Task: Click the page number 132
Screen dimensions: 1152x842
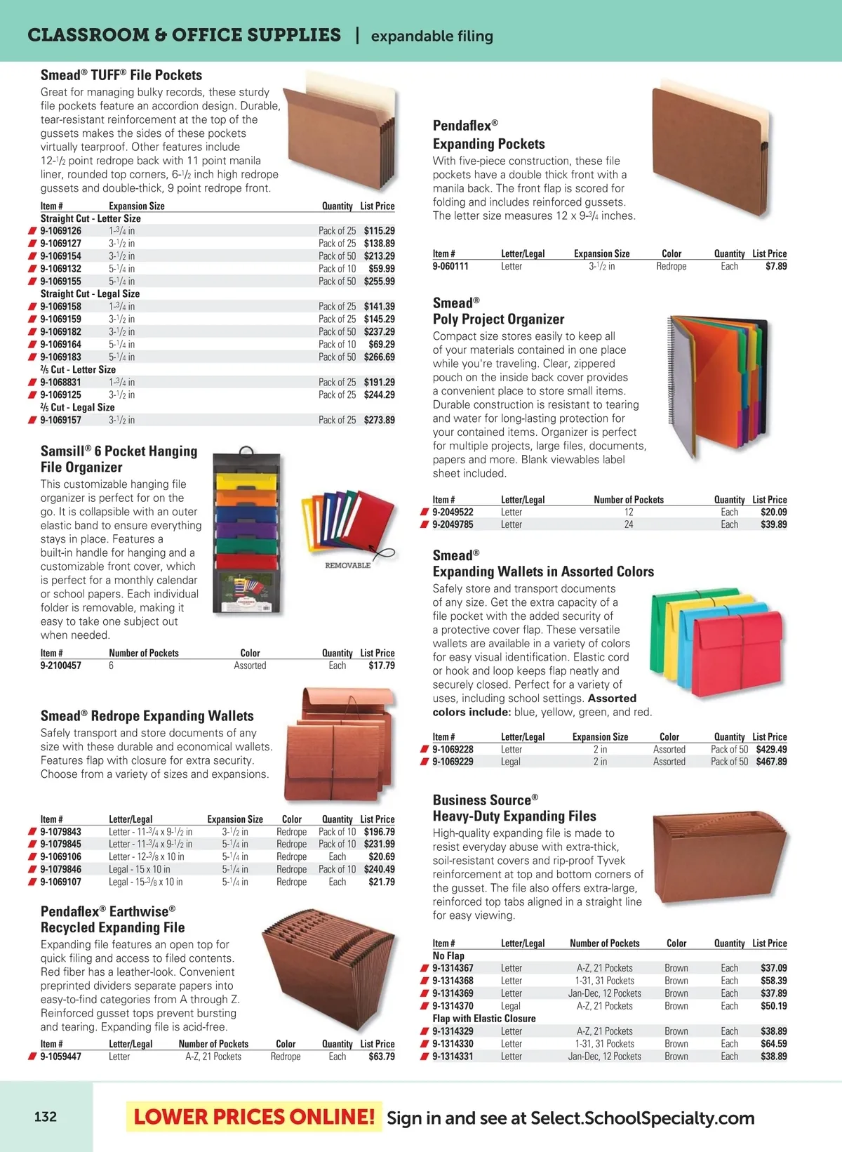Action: click(x=46, y=1116)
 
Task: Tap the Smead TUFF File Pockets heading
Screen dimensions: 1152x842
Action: click(x=121, y=75)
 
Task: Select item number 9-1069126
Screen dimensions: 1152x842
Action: click(x=60, y=231)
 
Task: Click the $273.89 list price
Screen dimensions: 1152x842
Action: click(x=379, y=421)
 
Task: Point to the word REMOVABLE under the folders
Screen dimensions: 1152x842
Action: click(x=347, y=565)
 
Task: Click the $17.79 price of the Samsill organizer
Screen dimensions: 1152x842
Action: click(x=381, y=666)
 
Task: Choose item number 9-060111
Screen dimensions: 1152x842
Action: click(x=450, y=267)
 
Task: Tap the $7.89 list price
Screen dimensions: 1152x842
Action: click(x=776, y=267)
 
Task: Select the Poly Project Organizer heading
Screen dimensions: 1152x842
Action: click(x=498, y=319)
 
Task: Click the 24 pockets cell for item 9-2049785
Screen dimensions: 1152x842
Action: click(x=629, y=524)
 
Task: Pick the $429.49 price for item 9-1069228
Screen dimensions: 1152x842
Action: click(x=771, y=750)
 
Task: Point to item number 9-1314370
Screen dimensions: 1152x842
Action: click(x=453, y=1006)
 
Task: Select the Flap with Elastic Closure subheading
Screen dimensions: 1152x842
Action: click(x=483, y=1019)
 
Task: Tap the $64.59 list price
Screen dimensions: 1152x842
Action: click(x=773, y=1044)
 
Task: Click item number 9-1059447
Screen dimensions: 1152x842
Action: click(x=60, y=1057)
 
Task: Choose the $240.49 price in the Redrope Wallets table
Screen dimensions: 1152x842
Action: click(x=379, y=869)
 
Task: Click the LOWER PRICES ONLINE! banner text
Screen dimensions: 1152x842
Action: click(x=254, y=1117)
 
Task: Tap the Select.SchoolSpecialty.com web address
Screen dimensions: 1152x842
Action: click(x=642, y=1118)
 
